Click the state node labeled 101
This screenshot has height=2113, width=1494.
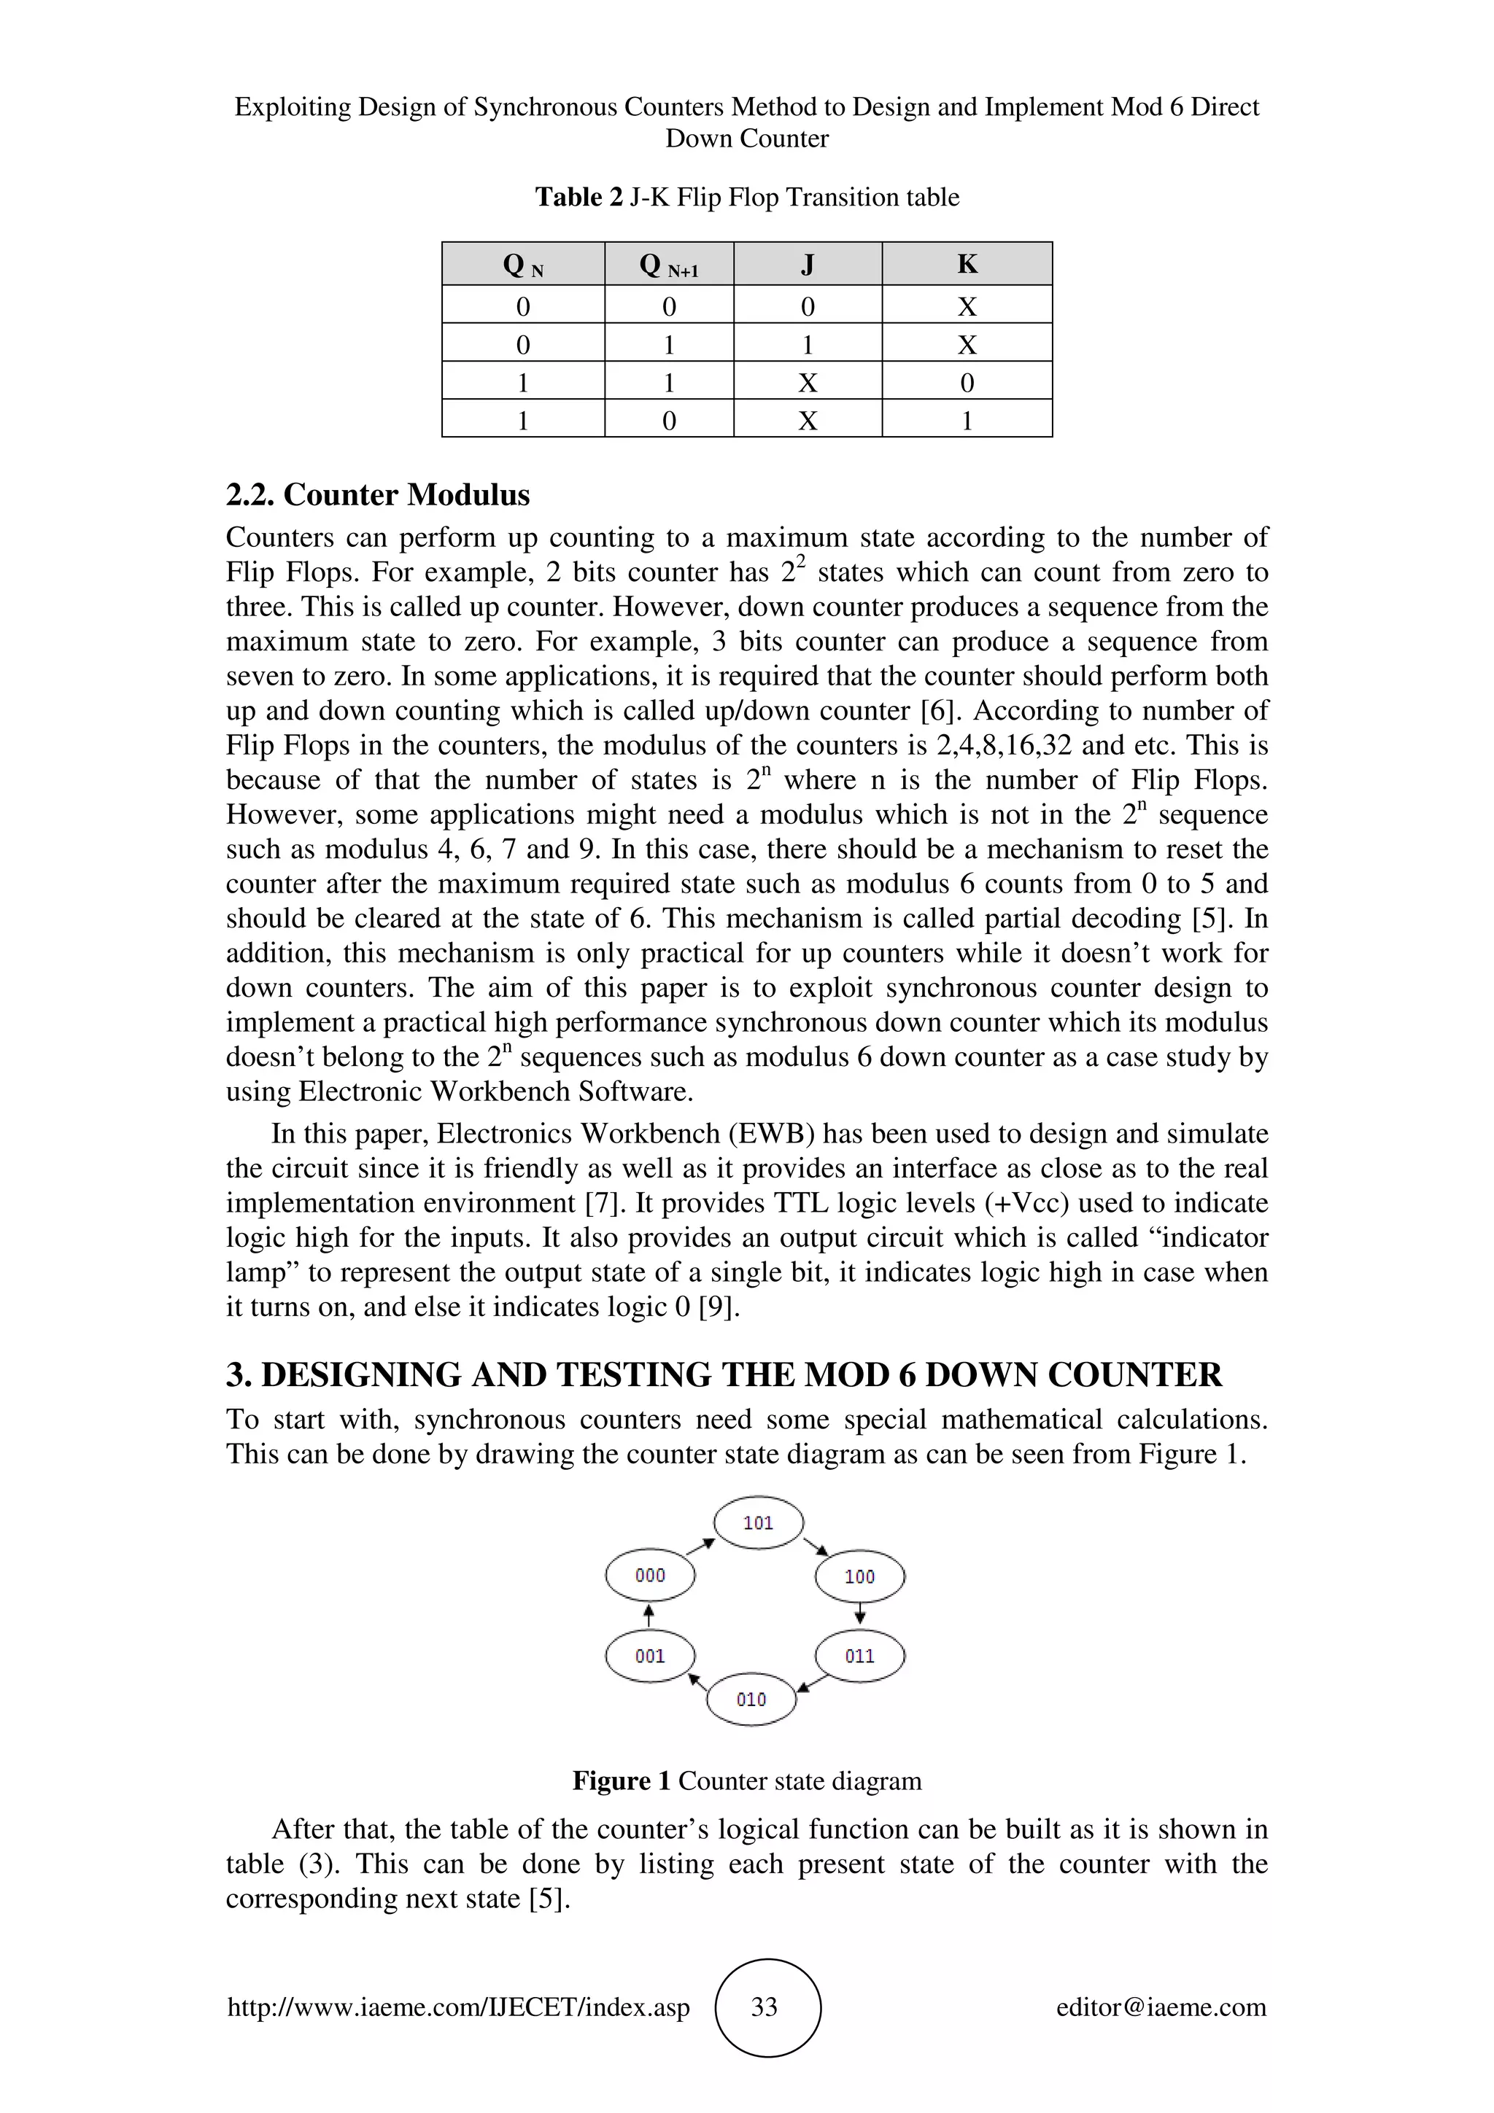pyautogui.click(x=759, y=1523)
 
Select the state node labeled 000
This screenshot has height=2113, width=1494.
pyautogui.click(x=650, y=1576)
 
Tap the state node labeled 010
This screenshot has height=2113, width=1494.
pyautogui.click(x=751, y=1700)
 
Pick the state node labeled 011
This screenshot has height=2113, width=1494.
pyautogui.click(x=860, y=1657)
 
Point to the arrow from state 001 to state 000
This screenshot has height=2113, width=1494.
pyautogui.click(x=649, y=1615)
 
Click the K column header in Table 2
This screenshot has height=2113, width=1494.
pyautogui.click(x=967, y=264)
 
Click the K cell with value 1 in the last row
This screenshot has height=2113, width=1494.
pyautogui.click(x=967, y=421)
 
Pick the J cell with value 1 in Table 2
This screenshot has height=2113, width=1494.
pyautogui.click(x=808, y=345)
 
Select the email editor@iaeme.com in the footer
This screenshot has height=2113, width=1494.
pyautogui.click(x=1161, y=2007)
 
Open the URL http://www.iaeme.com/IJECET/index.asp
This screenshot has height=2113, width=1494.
pyautogui.click(x=458, y=2007)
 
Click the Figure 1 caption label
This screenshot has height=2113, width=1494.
pyautogui.click(x=622, y=1781)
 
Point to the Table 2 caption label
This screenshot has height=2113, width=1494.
pyautogui.click(x=579, y=197)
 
